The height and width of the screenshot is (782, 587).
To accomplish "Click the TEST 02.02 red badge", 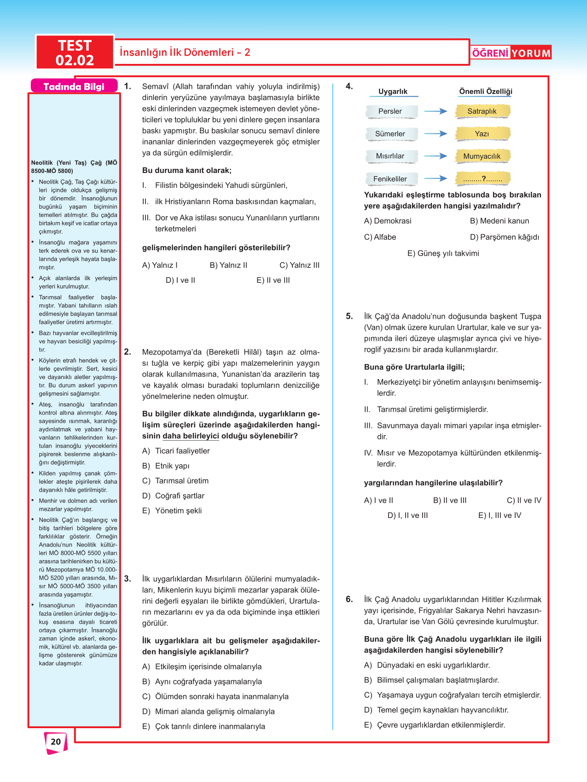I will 75,52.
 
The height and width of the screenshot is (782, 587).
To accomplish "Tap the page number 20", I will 56,742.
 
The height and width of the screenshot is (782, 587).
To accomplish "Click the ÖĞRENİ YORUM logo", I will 511,53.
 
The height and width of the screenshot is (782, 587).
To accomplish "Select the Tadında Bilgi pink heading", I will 74,86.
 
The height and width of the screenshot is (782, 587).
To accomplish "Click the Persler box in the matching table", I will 390,111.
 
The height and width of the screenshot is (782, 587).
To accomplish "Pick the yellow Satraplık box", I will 482,111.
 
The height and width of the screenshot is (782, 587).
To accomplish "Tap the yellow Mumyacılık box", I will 482,156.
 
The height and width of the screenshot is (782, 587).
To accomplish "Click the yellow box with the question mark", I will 482,179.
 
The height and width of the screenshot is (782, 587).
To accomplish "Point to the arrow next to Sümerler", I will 436,134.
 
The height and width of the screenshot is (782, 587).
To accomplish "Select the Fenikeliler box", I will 390,179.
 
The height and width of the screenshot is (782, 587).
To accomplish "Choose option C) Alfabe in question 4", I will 380,237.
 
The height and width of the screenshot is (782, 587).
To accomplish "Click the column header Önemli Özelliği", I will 486,92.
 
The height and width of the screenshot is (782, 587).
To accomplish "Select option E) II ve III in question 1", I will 273,281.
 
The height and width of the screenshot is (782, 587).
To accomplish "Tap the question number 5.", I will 349,316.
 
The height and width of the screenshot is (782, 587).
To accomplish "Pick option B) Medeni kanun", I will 500,221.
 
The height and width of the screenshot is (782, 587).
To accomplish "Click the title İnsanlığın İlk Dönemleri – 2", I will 185,52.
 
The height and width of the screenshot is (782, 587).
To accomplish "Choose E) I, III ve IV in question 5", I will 500,516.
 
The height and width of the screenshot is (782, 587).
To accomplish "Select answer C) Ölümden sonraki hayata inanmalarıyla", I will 215,697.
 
